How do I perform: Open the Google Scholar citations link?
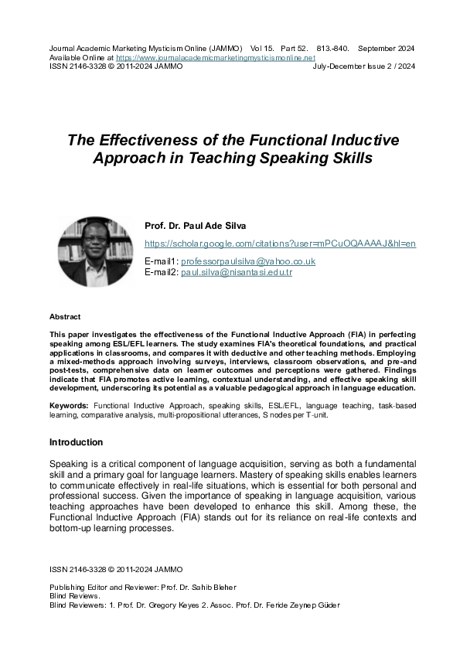pos(280,244)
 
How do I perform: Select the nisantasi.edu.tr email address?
pos(237,272)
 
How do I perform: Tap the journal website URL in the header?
pos(215,57)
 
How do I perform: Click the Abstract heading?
pos(65,317)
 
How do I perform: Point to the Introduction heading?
pos(76,442)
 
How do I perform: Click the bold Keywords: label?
pos(69,405)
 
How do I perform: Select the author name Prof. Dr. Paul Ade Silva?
pos(195,226)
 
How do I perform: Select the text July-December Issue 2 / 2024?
pos(364,66)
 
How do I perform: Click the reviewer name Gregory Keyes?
pos(176,605)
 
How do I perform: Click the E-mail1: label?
pos(161,261)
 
